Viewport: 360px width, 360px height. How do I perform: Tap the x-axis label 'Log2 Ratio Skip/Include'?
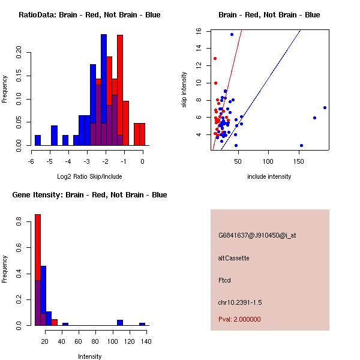coord(89,176)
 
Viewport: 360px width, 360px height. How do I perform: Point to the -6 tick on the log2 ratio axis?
coord(32,161)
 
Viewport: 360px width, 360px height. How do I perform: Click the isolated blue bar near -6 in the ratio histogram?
coord(38,140)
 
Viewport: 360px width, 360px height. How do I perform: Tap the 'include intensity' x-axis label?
coord(269,176)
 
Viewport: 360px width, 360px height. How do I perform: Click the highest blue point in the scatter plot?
coord(232,34)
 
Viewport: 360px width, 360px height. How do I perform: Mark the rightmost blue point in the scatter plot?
coord(325,107)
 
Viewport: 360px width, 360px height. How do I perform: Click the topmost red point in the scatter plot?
coord(215,58)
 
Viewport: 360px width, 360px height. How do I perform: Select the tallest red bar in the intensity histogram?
coord(38,270)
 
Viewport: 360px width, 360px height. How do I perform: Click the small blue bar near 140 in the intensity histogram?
coord(142,324)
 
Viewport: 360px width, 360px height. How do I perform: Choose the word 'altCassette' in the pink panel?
coord(234,258)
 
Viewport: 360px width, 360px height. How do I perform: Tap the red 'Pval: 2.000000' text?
coord(239,319)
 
